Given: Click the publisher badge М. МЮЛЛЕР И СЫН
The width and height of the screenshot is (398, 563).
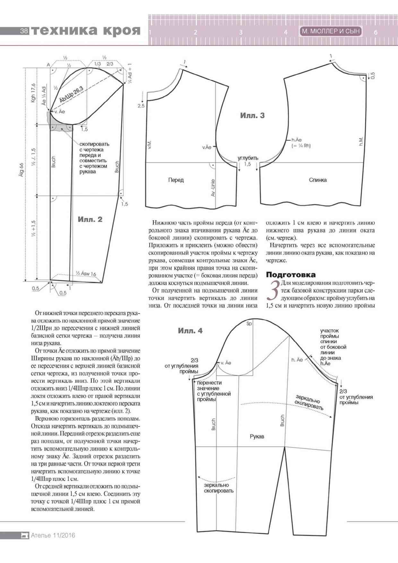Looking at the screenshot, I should click(331, 31).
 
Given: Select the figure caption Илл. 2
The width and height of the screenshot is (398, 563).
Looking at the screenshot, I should click(90, 220).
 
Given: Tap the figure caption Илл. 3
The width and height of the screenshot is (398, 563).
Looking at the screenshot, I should click(252, 116).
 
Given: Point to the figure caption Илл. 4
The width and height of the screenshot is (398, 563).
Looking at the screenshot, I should click(190, 331).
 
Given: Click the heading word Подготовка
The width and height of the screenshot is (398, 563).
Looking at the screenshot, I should click(290, 275).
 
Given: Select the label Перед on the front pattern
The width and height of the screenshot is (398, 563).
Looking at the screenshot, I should click(176, 180).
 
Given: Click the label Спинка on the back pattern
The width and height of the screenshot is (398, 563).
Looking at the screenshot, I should click(318, 180).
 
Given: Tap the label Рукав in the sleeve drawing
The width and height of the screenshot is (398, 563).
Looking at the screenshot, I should click(257, 437).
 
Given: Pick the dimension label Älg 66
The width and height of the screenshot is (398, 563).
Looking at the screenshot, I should click(22, 170).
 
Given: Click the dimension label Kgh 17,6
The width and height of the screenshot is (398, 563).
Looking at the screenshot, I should click(33, 93).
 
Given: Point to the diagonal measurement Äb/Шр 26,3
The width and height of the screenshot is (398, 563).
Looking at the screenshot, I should click(71, 94).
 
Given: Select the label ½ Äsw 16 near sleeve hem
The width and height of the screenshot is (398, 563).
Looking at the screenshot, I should click(86, 273).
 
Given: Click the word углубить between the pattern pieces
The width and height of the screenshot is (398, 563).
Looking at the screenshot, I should click(248, 158).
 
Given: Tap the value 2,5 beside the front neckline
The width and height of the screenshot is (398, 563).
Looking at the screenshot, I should click(141, 106).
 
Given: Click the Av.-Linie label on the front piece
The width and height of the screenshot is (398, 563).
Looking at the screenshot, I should click(213, 188).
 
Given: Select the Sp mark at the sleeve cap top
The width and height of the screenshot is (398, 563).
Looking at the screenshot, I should click(249, 324).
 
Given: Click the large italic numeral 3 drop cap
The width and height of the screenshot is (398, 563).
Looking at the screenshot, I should click(273, 291).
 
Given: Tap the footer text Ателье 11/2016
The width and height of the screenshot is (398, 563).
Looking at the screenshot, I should click(53, 535).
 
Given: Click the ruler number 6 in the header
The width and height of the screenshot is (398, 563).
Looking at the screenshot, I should click(376, 32).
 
